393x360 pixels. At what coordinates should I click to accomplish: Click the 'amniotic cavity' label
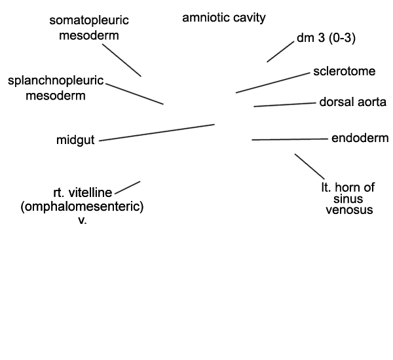(x=224, y=18)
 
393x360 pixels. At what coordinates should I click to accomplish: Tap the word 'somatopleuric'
(x=89, y=20)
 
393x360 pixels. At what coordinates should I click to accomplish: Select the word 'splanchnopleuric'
(x=56, y=81)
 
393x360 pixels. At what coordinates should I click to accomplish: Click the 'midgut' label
(x=75, y=140)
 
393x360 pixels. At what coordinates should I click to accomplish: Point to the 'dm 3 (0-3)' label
(x=326, y=38)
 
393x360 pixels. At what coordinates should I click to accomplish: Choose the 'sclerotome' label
(x=345, y=71)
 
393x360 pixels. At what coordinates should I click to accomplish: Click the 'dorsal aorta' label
(x=352, y=102)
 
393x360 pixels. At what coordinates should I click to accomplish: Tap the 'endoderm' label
(x=360, y=138)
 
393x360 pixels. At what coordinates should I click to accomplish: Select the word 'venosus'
(x=349, y=210)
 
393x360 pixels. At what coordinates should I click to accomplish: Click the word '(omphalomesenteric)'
(x=83, y=207)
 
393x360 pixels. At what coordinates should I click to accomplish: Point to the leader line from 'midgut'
(x=157, y=132)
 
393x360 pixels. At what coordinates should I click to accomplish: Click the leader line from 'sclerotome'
(x=273, y=83)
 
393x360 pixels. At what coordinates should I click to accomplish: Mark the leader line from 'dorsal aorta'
(x=285, y=105)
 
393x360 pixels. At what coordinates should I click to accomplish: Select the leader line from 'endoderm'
(x=290, y=139)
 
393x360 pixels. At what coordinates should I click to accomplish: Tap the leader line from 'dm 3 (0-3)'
(x=280, y=52)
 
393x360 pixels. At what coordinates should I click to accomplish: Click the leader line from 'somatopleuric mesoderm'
(x=122, y=60)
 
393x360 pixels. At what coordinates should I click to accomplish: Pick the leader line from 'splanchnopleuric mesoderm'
(x=134, y=94)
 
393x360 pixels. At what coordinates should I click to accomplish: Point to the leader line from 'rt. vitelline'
(x=127, y=188)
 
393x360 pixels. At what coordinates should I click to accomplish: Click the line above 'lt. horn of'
(x=310, y=167)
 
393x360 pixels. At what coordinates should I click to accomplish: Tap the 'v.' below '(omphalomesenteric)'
(x=83, y=221)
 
